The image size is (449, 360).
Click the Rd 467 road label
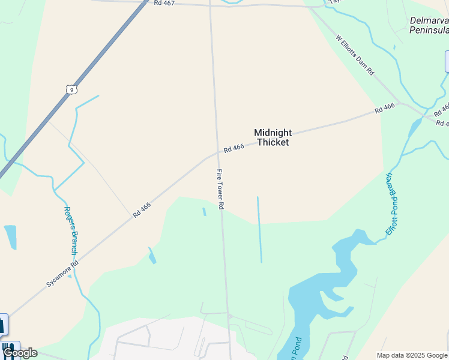(x=164, y=3)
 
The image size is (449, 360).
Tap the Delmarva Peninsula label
(x=429, y=25)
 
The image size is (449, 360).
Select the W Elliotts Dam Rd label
(x=355, y=55)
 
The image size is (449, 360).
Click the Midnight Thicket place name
(x=273, y=137)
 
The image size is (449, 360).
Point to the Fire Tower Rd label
(x=220, y=189)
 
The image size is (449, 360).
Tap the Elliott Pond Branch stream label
(x=392, y=203)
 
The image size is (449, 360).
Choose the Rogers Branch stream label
(x=70, y=231)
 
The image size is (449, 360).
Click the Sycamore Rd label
(x=62, y=272)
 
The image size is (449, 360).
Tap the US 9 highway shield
(x=71, y=89)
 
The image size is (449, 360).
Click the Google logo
(x=20, y=353)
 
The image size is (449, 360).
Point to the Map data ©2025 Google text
(x=412, y=355)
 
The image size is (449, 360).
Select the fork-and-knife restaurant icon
(x=8, y=348)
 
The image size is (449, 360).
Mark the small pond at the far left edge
(x=10, y=236)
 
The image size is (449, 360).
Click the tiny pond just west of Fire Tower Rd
(x=204, y=212)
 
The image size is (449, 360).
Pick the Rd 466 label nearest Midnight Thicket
(x=234, y=148)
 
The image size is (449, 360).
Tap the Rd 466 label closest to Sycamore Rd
(x=142, y=209)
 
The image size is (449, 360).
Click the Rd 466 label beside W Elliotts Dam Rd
(x=385, y=109)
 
